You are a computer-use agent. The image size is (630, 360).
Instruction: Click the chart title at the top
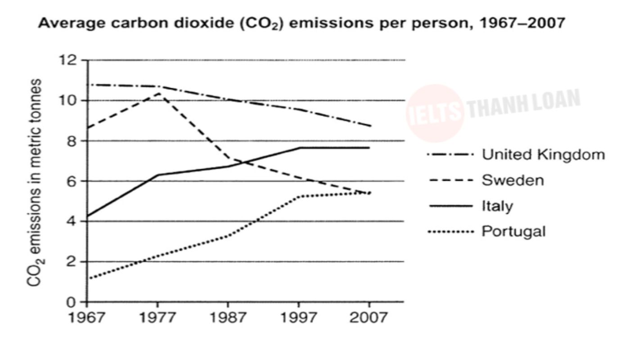point(301,23)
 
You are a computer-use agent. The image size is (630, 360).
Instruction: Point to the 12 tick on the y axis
point(71,60)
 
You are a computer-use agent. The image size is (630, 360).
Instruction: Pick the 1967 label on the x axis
point(87,317)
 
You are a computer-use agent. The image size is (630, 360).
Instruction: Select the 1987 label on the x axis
point(228,317)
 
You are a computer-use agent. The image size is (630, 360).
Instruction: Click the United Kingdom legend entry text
point(543,155)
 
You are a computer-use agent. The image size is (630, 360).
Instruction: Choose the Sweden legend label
point(513,180)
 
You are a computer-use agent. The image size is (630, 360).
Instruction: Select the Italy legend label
point(497,206)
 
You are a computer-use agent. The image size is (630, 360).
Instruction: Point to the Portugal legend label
point(513,232)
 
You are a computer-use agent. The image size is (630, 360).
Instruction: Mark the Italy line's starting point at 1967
point(87,216)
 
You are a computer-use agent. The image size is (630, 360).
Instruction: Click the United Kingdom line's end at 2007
point(370,126)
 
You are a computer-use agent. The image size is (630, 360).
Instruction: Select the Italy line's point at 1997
point(299,148)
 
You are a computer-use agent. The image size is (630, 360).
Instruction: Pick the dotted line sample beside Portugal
point(450,232)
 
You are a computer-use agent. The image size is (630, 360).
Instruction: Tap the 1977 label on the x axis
point(157,317)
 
